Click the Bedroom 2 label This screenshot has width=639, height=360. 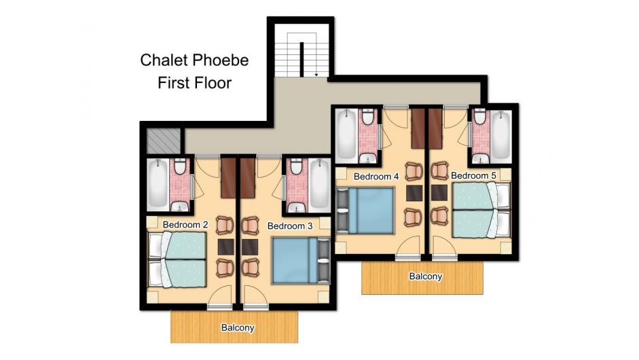pyautogui.click(x=185, y=225)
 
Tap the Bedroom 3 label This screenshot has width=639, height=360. pyautogui.click(x=290, y=226)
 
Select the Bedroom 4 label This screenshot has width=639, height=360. pyautogui.click(x=376, y=177)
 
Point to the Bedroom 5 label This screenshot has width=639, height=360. pyautogui.click(x=473, y=176)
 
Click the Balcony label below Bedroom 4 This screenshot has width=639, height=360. pyautogui.click(x=426, y=276)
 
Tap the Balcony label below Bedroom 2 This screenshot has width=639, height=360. pyautogui.click(x=238, y=328)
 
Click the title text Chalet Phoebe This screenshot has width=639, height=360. pyautogui.click(x=194, y=60)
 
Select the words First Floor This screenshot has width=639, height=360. pyautogui.click(x=194, y=83)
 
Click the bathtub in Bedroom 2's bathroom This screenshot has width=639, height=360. pyautogui.click(x=158, y=183)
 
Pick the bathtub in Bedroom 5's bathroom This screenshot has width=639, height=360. pyautogui.click(x=500, y=135)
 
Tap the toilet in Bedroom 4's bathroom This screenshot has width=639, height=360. pyautogui.click(x=368, y=116)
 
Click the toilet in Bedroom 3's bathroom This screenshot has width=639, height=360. pyautogui.click(x=296, y=166)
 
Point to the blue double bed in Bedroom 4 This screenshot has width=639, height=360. pyautogui.click(x=365, y=211)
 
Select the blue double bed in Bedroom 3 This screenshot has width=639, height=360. pyautogui.click(x=301, y=261)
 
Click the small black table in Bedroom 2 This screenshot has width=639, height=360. pyautogui.click(x=225, y=247)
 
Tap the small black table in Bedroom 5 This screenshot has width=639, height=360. pyautogui.click(x=439, y=193)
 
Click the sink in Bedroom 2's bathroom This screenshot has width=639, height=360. pyautogui.click(x=179, y=206)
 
